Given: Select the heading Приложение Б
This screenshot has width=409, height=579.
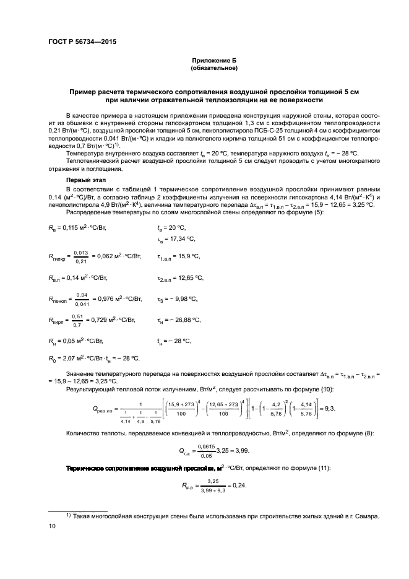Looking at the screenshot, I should click(214, 61).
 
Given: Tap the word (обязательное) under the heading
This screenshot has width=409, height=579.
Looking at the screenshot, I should click(214, 68).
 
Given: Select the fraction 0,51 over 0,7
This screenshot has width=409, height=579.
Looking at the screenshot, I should click(77, 320).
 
